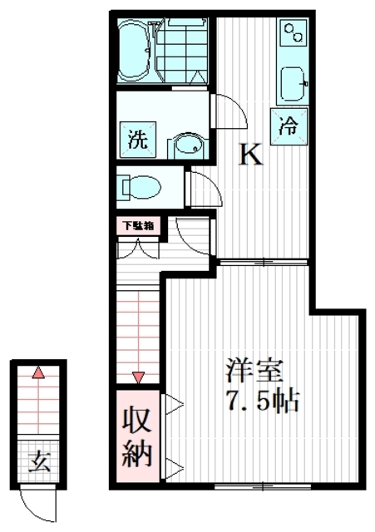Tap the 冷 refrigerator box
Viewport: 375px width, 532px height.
point(288,127)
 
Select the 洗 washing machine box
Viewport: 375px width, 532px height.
point(137,139)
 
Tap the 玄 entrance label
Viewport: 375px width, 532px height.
point(39,460)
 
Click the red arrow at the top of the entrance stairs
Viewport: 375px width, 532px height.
point(37,373)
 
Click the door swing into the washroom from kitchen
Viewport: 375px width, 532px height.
point(228,111)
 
